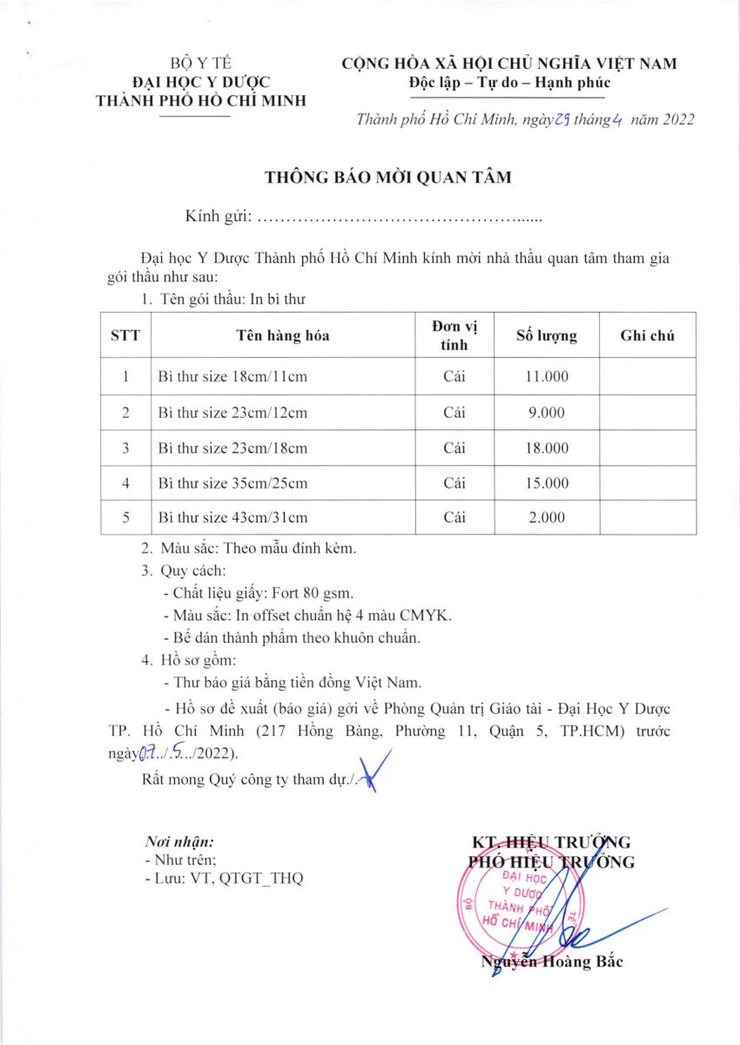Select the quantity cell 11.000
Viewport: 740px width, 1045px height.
(x=547, y=376)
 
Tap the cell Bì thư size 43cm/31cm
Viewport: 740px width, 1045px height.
(x=232, y=517)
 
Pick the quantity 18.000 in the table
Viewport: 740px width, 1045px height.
(x=547, y=448)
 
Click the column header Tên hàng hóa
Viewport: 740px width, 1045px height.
(x=283, y=335)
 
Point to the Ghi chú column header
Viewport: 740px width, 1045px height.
(x=647, y=335)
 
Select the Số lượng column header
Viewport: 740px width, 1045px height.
(x=547, y=335)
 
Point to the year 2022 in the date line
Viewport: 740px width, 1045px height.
(x=677, y=120)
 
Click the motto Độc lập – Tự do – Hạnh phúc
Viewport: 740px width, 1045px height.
(x=509, y=83)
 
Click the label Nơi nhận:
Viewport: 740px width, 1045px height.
(x=178, y=842)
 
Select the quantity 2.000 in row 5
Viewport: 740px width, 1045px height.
(x=547, y=517)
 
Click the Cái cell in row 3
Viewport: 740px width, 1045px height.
(x=454, y=448)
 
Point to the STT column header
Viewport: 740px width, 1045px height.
(x=125, y=335)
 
